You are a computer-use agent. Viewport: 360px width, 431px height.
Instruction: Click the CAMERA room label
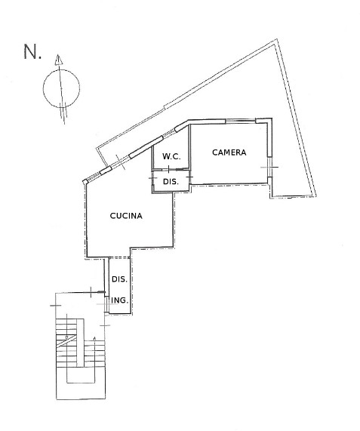229,152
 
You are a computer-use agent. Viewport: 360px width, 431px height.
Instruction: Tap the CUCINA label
126,216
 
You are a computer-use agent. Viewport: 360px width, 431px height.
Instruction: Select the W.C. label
171,157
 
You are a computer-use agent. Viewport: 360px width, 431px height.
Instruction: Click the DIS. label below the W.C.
171,182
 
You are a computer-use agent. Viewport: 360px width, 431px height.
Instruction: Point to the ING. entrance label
120,300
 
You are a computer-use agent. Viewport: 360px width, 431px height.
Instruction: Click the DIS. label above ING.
119,279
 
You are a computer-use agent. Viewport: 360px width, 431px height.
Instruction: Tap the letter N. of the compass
32,51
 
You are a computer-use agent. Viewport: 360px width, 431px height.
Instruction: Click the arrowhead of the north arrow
58,60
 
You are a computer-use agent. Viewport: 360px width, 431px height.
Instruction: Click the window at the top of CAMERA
241,120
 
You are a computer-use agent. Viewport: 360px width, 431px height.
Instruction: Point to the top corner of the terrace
275,40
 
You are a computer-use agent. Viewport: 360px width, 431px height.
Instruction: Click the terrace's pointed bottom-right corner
315,195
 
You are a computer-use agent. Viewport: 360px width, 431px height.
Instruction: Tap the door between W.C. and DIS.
168,169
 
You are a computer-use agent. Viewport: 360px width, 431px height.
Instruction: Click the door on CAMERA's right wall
270,167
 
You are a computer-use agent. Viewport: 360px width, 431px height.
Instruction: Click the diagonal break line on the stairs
66,341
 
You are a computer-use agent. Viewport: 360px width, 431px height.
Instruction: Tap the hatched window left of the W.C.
169,133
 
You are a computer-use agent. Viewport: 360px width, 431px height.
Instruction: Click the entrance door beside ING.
106,304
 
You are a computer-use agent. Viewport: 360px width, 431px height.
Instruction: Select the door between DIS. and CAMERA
189,177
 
